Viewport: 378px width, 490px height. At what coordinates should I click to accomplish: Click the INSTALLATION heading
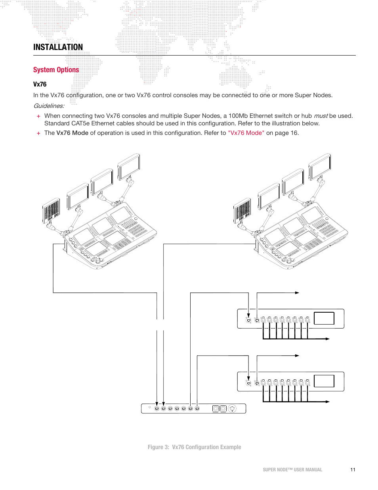click(x=58, y=47)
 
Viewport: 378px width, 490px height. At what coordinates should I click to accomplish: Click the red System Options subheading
click(x=56, y=70)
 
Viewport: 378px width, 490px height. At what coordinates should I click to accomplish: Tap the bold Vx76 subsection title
click(x=40, y=84)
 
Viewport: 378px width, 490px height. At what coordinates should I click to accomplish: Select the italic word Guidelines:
click(x=49, y=106)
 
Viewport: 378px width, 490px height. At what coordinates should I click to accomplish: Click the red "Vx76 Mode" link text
click(x=246, y=133)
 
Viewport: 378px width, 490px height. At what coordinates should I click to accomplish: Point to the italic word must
click(x=321, y=116)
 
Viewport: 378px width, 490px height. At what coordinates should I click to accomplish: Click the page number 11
click(x=353, y=470)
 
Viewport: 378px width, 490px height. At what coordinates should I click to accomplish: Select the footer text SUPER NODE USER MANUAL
click(x=292, y=470)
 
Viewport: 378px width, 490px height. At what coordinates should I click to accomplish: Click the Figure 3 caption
click(x=194, y=447)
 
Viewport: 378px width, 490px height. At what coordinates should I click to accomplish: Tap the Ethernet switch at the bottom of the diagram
click(x=193, y=408)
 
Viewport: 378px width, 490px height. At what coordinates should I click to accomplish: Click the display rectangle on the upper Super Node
click(x=324, y=318)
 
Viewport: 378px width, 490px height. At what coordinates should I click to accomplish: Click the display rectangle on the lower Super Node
click(x=324, y=381)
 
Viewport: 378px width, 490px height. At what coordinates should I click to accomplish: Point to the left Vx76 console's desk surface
click(x=111, y=238)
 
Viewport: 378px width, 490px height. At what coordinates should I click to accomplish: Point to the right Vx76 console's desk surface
click(x=302, y=238)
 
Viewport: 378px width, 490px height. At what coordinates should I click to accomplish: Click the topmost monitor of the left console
click(x=129, y=166)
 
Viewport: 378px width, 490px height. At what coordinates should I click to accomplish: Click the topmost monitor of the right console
click(x=320, y=166)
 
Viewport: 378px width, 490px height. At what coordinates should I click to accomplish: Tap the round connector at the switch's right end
click(x=232, y=408)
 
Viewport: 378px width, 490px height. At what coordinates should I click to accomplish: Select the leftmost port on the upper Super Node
click(x=248, y=320)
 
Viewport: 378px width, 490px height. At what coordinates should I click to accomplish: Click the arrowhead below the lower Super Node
click(x=328, y=402)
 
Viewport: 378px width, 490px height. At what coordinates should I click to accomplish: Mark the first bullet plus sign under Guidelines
click(x=38, y=116)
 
